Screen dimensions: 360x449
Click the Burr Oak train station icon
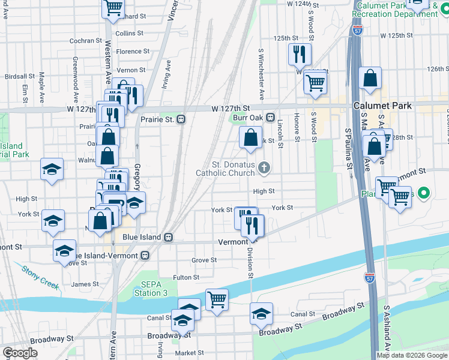tap(271, 118)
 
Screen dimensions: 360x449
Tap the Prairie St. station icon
tap(181, 119)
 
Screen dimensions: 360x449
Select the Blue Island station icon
tap(169, 237)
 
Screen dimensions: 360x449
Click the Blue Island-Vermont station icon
tap(145, 255)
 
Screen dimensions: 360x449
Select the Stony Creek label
tap(40, 277)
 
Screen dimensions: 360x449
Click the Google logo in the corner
tap(20, 353)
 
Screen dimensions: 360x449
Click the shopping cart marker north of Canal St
tap(217, 299)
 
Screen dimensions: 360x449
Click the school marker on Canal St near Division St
tap(262, 313)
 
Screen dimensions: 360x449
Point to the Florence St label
tap(128, 52)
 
